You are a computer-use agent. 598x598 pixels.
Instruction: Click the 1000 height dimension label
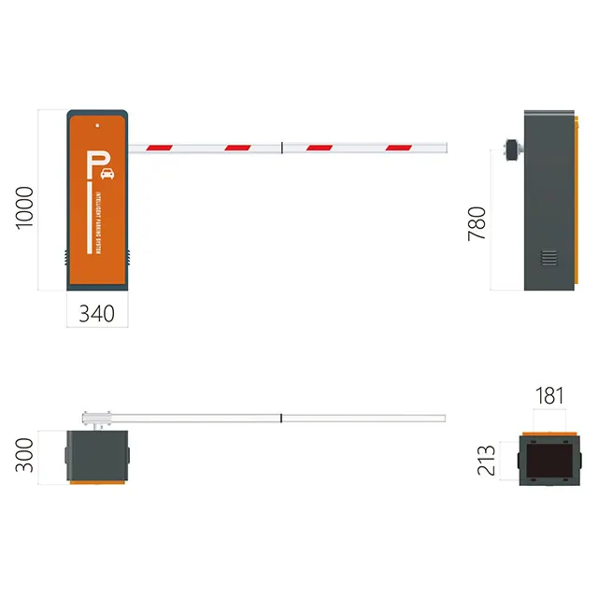point(24,207)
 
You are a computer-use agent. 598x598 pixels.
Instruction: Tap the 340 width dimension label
point(96,314)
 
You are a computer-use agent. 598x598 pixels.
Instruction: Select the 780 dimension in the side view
point(477,224)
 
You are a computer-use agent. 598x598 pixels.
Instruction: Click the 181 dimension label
point(549,395)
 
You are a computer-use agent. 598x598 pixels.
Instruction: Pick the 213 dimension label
point(487,459)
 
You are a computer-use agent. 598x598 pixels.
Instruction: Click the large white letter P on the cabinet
point(93,165)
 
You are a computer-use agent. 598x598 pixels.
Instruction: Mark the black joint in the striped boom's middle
point(282,147)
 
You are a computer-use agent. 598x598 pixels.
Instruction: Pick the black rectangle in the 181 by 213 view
point(548,459)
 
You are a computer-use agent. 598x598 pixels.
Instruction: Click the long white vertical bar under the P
point(89,215)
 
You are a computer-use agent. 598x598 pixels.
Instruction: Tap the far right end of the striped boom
point(445,147)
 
